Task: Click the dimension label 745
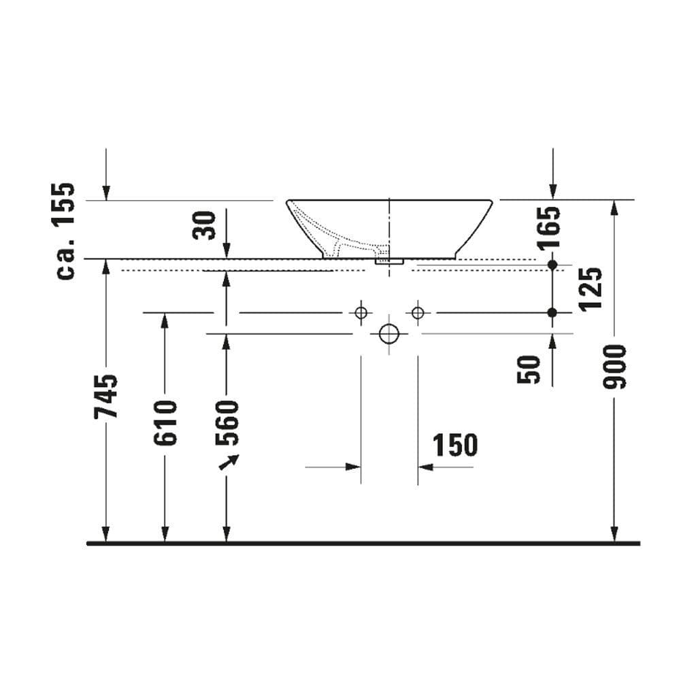pos(105,397)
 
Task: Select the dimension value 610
pos(165,423)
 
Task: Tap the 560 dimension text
pos(227,423)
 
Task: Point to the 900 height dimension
pos(615,367)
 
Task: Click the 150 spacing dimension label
pos(455,445)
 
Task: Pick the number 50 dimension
pos(529,369)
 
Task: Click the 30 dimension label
pos(204,225)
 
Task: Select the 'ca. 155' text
pos(65,231)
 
